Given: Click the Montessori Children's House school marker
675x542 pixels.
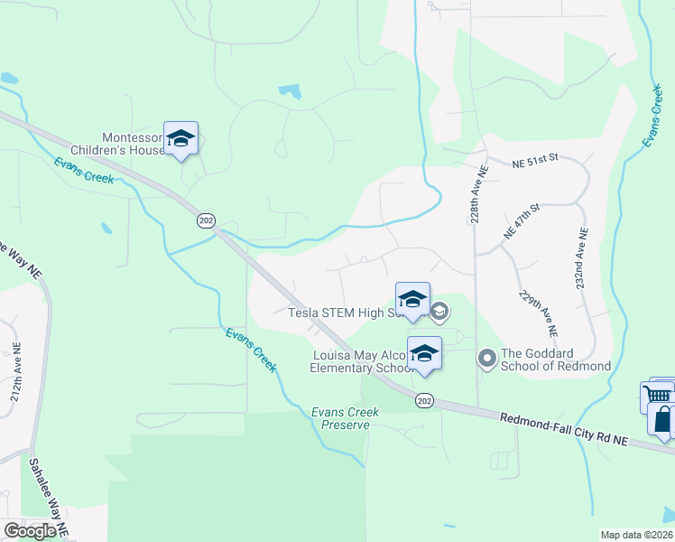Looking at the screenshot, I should tap(180, 139).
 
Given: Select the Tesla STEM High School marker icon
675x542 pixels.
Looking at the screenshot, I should tap(412, 300).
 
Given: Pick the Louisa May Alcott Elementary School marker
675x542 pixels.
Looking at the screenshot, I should tap(423, 354).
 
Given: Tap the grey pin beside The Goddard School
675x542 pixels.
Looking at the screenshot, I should tap(487, 360).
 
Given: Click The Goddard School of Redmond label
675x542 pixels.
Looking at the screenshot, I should tap(556, 360).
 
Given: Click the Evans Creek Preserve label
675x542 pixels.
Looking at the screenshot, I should tap(346, 418).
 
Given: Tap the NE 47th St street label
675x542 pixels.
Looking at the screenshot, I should tap(521, 221).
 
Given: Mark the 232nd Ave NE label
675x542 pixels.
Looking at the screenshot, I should tap(582, 257).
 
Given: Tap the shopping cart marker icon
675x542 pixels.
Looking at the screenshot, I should tap(657, 396).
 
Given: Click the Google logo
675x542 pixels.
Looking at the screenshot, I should tap(30, 531).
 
